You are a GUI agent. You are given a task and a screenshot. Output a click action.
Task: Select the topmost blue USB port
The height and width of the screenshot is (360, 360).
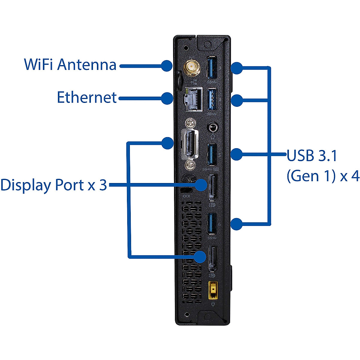[x=212, y=67]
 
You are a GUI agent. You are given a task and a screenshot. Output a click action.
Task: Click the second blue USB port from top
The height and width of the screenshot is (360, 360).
[x=212, y=99]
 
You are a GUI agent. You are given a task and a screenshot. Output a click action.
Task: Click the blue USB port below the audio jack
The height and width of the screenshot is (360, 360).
[x=212, y=154]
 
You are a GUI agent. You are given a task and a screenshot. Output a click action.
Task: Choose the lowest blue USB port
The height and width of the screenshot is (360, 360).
[x=212, y=223]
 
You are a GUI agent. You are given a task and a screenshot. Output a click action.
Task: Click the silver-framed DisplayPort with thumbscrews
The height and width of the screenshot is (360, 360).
[x=190, y=145]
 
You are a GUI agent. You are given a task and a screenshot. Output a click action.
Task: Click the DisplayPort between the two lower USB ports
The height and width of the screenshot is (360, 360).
[x=213, y=187]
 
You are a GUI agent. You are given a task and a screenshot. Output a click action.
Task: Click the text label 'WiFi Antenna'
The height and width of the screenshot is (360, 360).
[x=70, y=64]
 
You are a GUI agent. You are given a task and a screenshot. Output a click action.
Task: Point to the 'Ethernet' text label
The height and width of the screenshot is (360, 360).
[x=87, y=97]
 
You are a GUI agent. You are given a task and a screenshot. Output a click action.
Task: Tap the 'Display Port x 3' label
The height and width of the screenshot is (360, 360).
[x=54, y=185]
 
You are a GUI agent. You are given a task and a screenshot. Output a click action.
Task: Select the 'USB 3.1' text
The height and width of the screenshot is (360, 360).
[x=312, y=155]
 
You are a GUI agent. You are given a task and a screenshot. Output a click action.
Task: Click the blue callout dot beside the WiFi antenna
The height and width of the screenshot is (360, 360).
[x=166, y=66]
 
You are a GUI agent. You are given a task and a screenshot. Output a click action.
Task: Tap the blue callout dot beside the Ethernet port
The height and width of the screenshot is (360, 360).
[x=167, y=98]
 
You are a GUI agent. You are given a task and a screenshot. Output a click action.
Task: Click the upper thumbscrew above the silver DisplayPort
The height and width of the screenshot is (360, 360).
[x=190, y=123]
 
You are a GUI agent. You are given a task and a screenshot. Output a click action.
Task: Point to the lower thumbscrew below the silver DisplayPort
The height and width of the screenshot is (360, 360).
[x=190, y=165]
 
